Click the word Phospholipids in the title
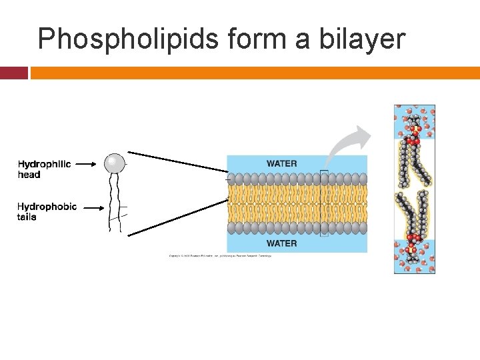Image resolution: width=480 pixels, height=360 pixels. click(127, 39)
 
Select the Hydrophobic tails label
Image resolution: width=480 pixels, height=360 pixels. click(47, 211)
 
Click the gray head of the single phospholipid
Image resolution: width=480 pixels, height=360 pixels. click(114, 162)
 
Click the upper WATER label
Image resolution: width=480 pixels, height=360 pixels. click(281, 163)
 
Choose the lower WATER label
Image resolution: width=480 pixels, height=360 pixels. click(281, 243)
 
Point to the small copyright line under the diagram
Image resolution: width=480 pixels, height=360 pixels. click(219, 257)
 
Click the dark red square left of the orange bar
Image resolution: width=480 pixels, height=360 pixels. click(13, 73)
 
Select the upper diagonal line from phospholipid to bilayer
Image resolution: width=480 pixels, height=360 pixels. click(177, 161)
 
